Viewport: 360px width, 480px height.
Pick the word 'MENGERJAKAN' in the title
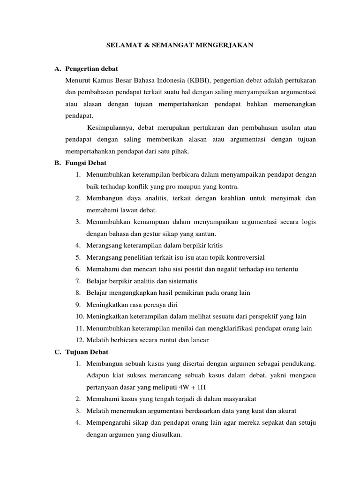coord(227,45)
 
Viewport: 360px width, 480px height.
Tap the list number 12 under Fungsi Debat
coord(78,340)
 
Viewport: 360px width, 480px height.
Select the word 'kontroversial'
coord(243,257)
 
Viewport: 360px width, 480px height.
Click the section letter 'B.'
coord(58,163)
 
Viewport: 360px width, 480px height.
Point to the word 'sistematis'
coord(181,281)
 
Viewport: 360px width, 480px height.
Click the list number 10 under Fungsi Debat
coord(78,316)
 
